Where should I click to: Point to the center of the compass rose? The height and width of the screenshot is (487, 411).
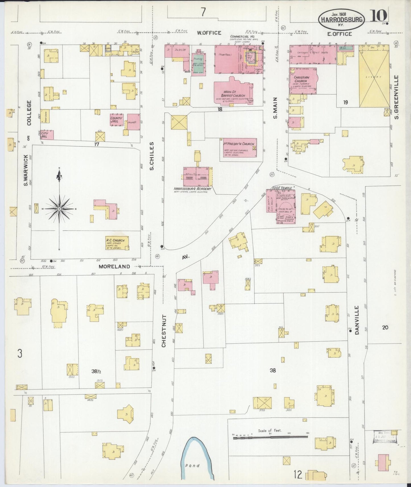59,209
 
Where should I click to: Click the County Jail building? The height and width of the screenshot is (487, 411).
116,120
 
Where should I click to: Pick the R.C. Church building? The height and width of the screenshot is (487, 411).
117,243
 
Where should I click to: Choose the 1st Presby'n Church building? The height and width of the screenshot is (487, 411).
238,148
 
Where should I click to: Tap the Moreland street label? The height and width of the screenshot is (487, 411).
114,267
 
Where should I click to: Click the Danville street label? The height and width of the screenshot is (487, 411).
357,320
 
